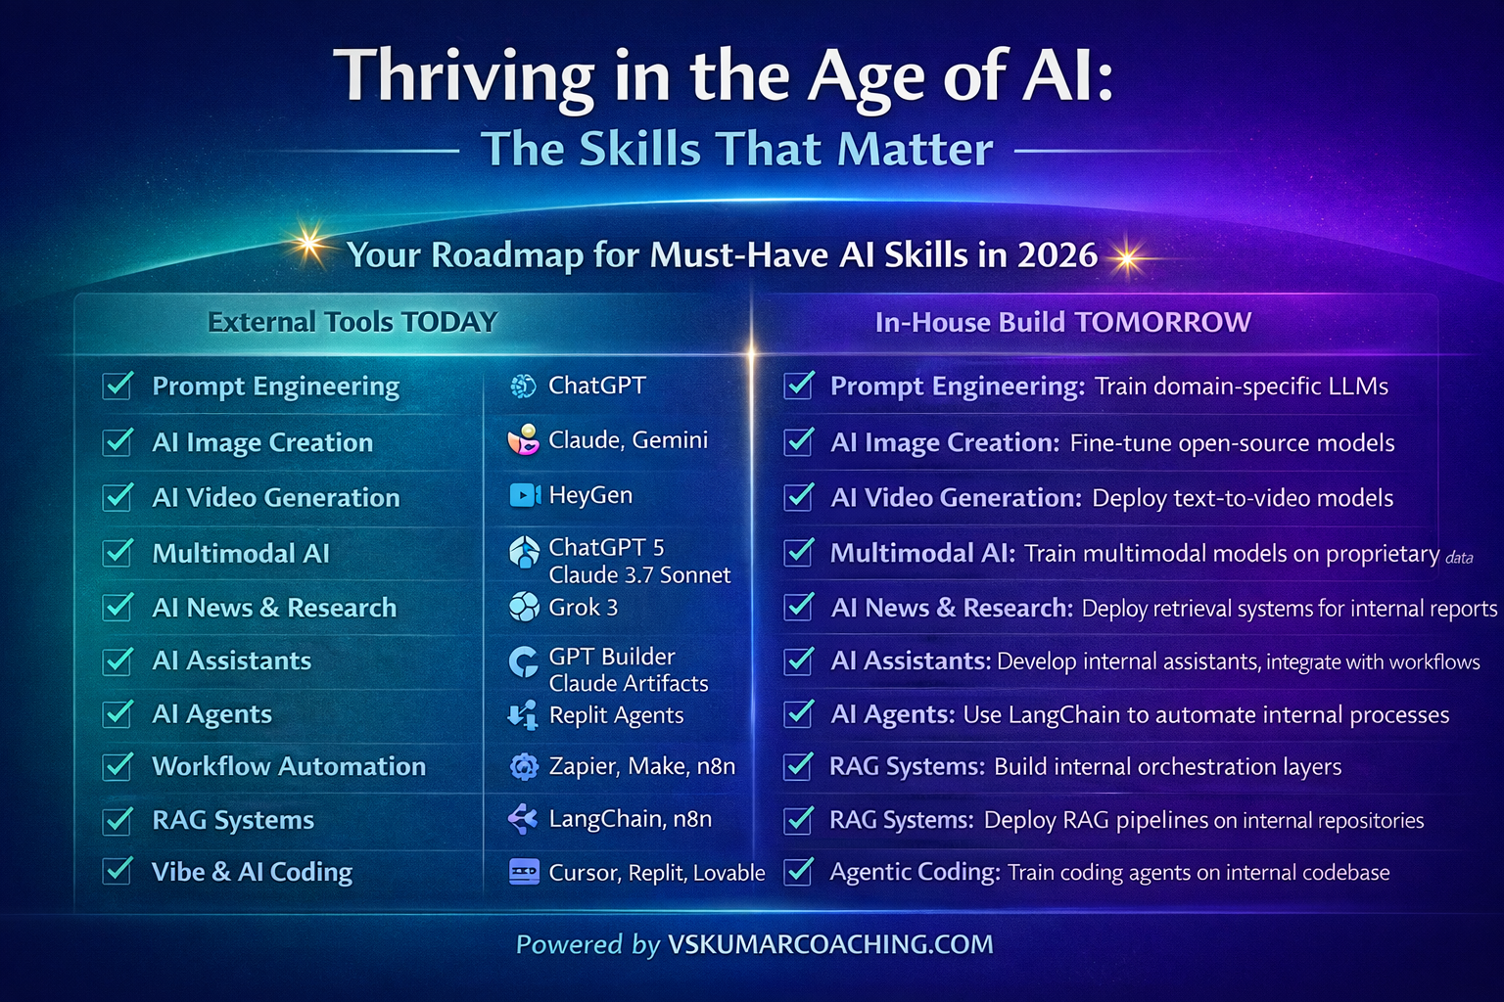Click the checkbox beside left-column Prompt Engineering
[117, 386]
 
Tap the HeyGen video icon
[525, 495]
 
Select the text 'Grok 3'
[583, 608]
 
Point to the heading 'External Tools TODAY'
[352, 322]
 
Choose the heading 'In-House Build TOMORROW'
[1062, 322]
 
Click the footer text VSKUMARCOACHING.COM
[830, 944]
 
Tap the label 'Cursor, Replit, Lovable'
[657, 873]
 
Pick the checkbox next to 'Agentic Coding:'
[799, 872]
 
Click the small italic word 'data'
[1459, 558]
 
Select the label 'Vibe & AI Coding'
[252, 872]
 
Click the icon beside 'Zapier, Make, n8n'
[524, 766]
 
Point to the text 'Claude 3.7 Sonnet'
[639, 575]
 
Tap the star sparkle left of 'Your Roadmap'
[308, 243]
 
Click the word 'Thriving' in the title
[463, 77]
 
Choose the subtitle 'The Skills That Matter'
[736, 149]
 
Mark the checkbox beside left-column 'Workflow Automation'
[117, 766]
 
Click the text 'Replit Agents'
[616, 715]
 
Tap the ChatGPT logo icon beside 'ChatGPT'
[523, 386]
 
